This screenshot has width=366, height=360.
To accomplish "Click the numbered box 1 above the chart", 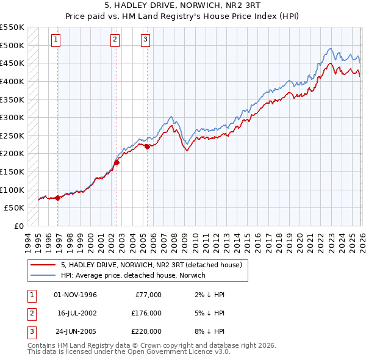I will pyautogui.click(x=56, y=40).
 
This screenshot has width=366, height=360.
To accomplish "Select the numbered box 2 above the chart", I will pyautogui.click(x=115, y=40).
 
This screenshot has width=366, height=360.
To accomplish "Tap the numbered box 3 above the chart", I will pyautogui.click(x=146, y=40).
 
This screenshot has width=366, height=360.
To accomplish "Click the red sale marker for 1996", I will pyautogui.click(x=57, y=198).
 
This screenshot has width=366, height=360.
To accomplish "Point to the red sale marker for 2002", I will pyautogui.click(x=117, y=162).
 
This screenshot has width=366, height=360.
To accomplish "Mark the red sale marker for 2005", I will pyautogui.click(x=147, y=146).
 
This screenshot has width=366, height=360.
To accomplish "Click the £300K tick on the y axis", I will pyautogui.click(x=13, y=117).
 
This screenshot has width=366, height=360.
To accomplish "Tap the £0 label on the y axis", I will pyautogui.click(x=18, y=226).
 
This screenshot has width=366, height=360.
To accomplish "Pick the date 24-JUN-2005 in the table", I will pyautogui.click(x=75, y=331).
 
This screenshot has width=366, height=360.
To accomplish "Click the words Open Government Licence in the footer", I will pyautogui.click(x=185, y=352).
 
